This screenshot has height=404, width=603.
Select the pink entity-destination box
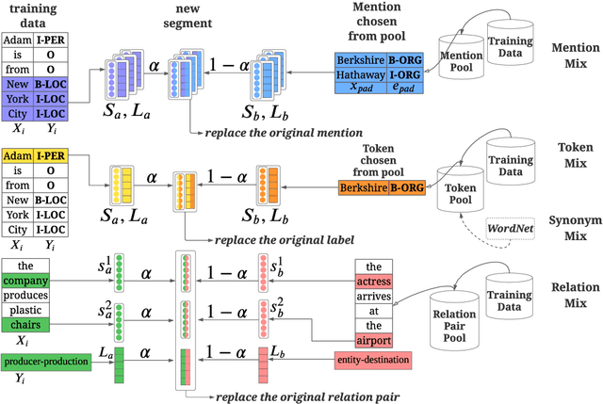[372, 359]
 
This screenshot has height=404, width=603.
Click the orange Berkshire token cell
[361, 188]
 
